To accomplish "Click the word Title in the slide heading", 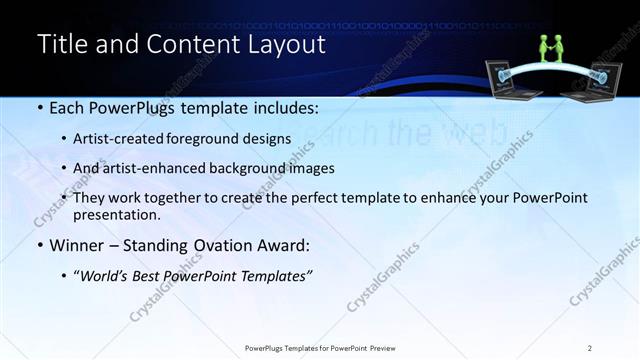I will [x=61, y=45].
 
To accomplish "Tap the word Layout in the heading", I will [x=289, y=45].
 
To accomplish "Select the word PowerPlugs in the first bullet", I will [x=127, y=106].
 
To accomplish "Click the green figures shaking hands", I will [x=553, y=47].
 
